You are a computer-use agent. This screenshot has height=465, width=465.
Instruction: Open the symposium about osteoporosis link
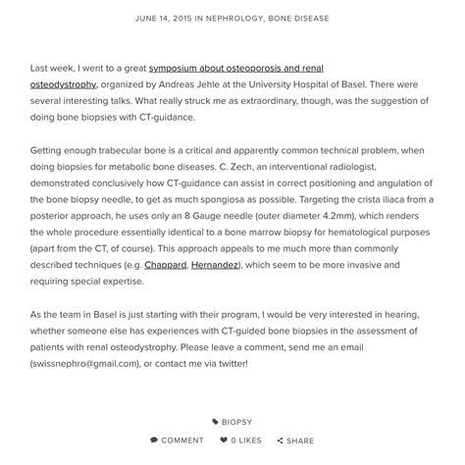pos(235,69)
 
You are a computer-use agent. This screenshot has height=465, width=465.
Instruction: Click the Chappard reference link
pos(165,265)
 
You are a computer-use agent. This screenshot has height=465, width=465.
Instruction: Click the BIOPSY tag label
pos(236,423)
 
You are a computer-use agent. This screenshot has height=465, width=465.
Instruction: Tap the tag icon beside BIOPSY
pos(215,423)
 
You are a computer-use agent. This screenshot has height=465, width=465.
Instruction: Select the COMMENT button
pos(182,440)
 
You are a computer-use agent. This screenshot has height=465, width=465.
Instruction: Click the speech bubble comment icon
pos(154,440)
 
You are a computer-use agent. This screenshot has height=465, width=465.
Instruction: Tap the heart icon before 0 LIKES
pos(224,440)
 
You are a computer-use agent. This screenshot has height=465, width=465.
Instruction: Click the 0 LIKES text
pos(246,440)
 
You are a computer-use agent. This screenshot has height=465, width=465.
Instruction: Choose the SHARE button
pos(300,440)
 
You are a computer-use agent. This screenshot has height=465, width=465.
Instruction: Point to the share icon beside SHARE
pos(280,440)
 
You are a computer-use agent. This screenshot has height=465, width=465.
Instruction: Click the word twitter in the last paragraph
pos(232,363)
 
